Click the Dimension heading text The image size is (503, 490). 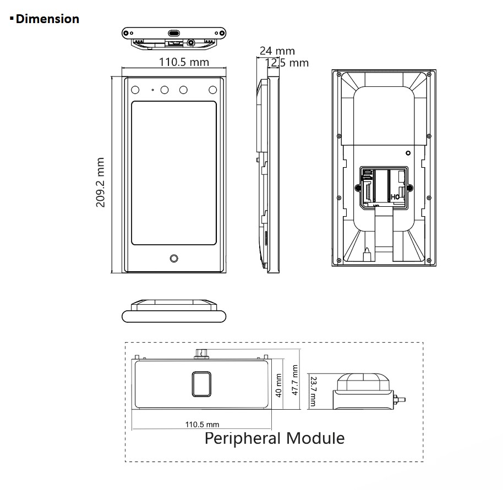[x=47, y=19]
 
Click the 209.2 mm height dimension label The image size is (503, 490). [x=101, y=183]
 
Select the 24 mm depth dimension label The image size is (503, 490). [x=277, y=52]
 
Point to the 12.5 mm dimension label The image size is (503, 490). [x=288, y=63]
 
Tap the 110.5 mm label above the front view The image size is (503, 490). [x=184, y=62]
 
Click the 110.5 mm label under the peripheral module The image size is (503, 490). [x=202, y=425]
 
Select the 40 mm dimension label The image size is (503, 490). [x=278, y=385]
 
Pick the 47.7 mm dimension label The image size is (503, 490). [x=294, y=380]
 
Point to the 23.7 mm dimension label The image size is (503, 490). [x=313, y=392]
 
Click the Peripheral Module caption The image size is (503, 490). [x=275, y=438]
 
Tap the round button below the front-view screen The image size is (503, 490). [x=174, y=258]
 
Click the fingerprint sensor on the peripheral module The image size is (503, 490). [x=201, y=384]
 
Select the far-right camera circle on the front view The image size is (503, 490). [x=212, y=89]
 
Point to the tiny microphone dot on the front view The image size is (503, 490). [x=152, y=89]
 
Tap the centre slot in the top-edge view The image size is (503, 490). [x=174, y=33]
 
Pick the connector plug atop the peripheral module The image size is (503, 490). [x=201, y=352]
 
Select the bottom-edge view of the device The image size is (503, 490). [x=174, y=311]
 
